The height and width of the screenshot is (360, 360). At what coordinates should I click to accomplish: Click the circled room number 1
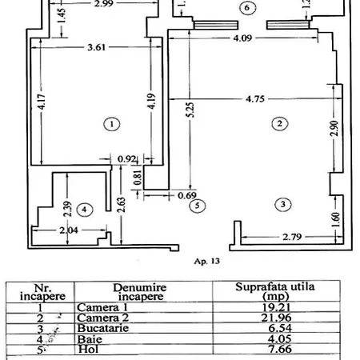(x=111, y=124)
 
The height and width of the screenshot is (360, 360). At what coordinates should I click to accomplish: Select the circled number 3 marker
(x=282, y=204)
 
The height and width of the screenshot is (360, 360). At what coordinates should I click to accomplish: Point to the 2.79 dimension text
(x=284, y=237)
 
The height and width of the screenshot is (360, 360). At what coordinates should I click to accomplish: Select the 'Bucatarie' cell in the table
(x=102, y=328)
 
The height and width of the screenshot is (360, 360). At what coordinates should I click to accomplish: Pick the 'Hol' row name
(x=86, y=350)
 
